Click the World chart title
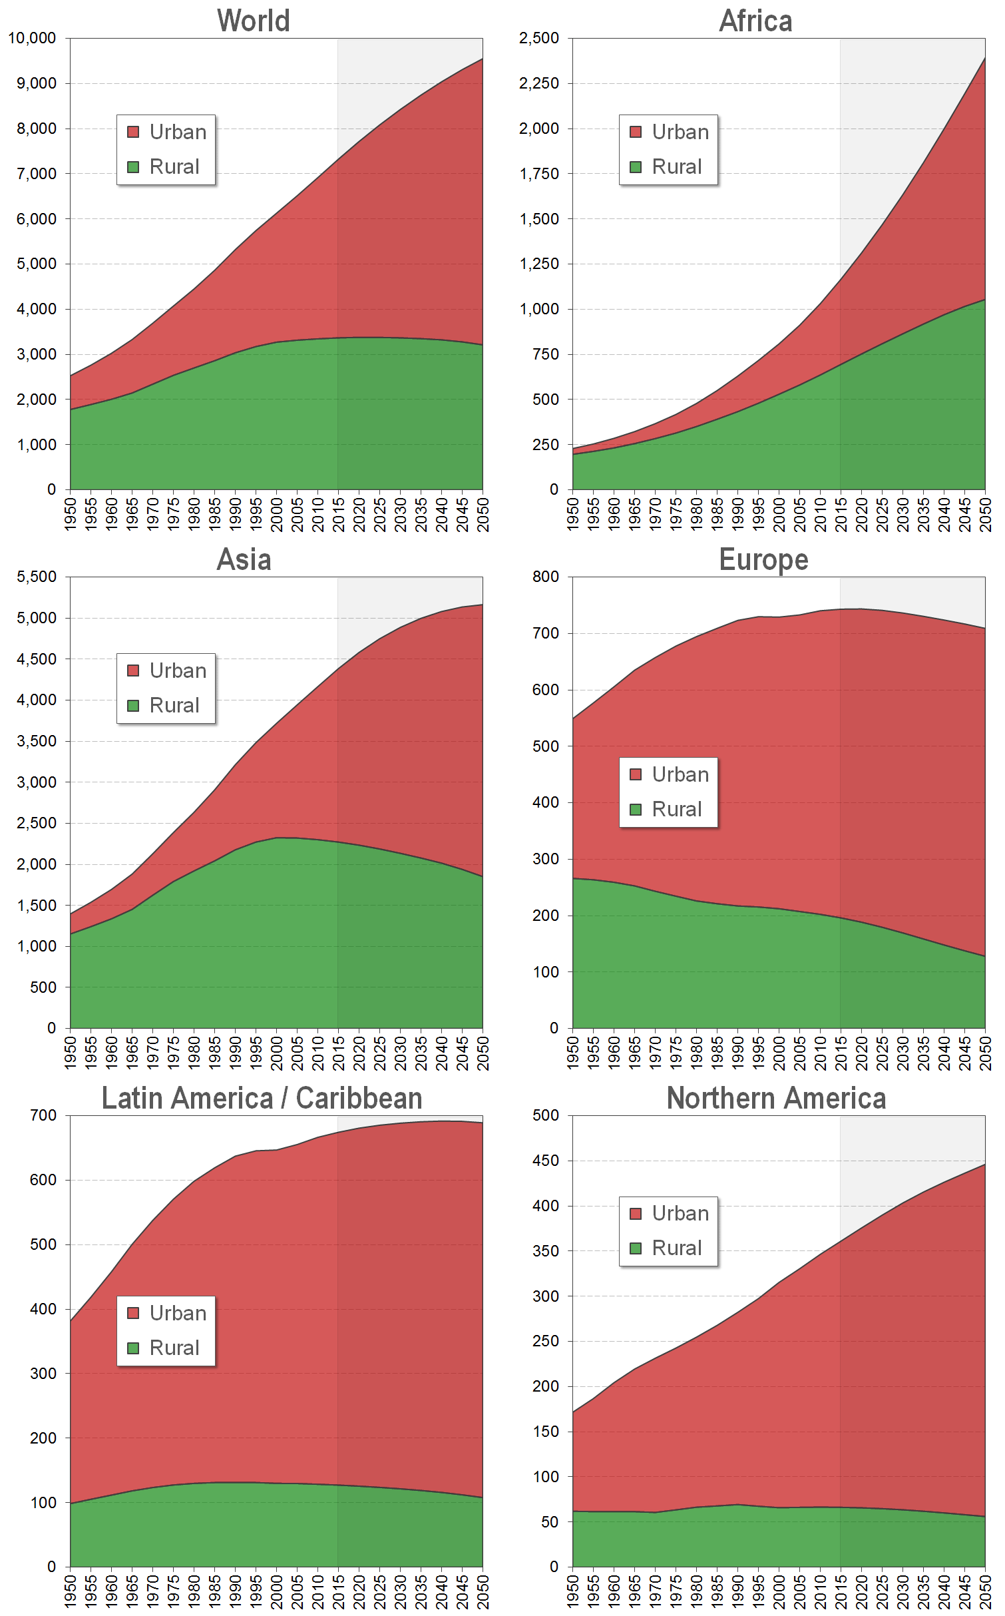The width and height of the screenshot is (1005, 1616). pos(254,21)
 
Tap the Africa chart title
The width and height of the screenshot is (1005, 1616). pos(756,21)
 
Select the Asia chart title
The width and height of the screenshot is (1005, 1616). pos(244,559)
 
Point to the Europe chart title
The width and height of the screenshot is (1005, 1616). pos(763,559)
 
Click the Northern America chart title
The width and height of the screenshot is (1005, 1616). pos(776,1098)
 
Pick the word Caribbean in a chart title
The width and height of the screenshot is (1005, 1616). pos(359,1098)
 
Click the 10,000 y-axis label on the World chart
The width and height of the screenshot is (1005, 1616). pos(32,38)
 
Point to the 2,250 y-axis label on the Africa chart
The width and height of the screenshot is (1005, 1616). pos(539,83)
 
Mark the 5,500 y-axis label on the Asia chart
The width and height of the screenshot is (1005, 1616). pos(37,577)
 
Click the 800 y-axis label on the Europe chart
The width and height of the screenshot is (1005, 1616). pos(546,577)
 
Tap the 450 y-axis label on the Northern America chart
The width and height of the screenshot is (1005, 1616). pos(546,1161)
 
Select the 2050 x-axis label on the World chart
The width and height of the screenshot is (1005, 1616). pos(483,515)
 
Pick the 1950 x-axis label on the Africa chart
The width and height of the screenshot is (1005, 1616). pos(573,515)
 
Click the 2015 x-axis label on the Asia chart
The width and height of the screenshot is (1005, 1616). pos(339,1053)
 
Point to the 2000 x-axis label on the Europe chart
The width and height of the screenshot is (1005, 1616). pos(779,1053)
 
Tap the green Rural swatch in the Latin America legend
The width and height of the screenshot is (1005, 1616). pos(133,1348)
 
